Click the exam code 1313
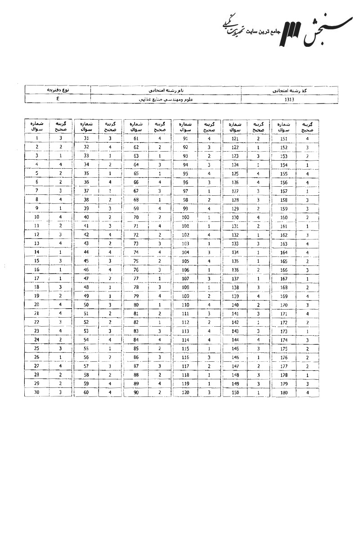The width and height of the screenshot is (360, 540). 289,99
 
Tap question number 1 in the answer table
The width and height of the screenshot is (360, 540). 36,139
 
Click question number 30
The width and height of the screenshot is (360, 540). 36,392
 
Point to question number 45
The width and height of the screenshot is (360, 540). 86,261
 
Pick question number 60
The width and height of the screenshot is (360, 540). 86,392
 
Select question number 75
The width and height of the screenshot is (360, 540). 136,261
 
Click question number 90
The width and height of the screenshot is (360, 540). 136,392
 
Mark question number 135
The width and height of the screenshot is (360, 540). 235,261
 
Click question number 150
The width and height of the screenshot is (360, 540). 235,392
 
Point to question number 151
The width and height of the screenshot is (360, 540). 283,139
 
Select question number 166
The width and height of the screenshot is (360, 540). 283,270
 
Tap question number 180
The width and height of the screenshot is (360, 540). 283,392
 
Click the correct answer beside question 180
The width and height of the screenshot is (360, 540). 307,392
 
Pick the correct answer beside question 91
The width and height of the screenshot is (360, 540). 209,139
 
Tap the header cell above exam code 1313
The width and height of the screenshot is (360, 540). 289,90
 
